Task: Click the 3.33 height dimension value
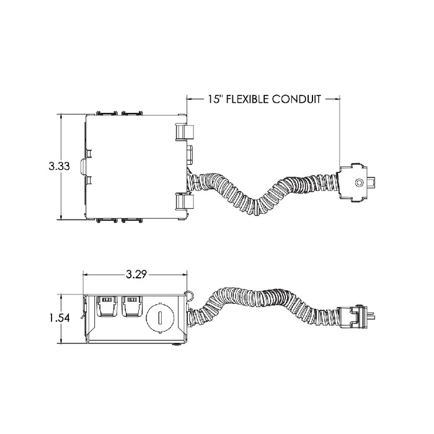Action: [60, 166]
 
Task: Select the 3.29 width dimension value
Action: [136, 274]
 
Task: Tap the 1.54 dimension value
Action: [60, 318]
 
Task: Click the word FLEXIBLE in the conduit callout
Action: [247, 99]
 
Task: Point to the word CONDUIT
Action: [296, 99]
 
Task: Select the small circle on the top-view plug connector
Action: [359, 182]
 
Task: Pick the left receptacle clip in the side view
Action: [107, 306]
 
